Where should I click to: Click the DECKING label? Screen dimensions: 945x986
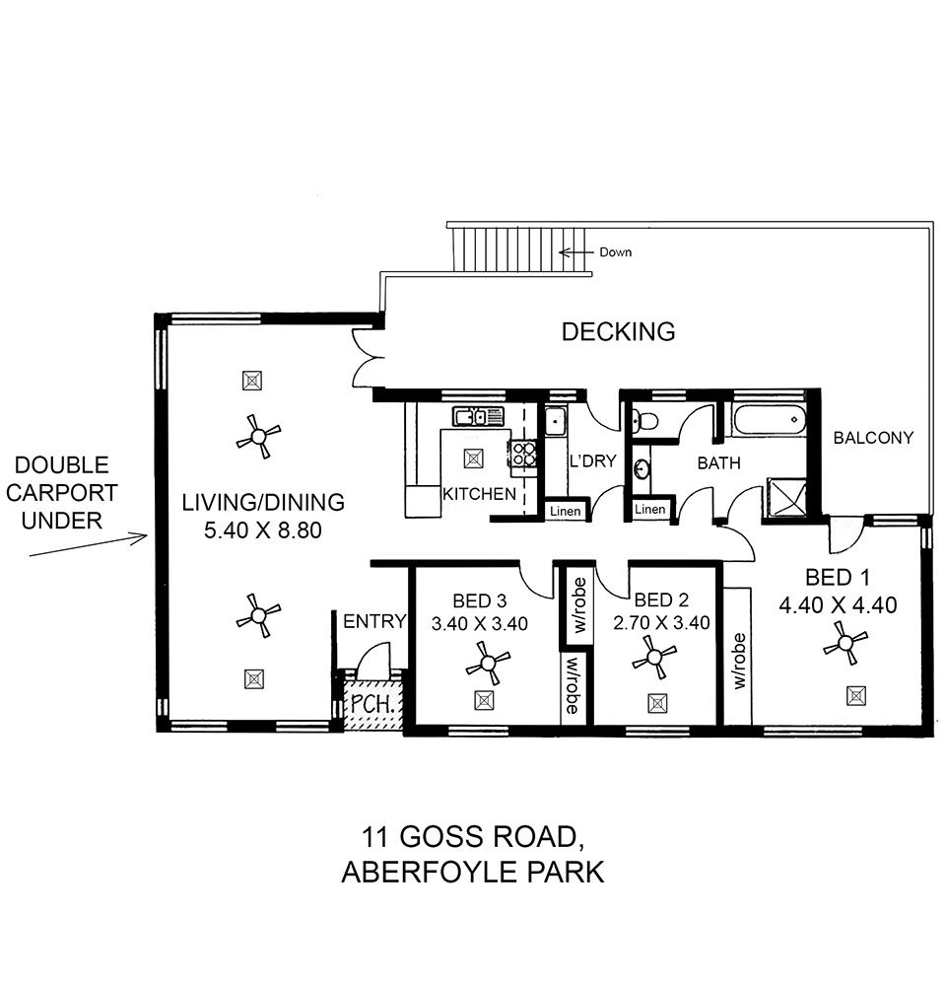618,331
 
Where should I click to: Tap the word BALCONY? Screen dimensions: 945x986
873,438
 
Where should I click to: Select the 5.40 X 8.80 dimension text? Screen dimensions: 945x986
263,530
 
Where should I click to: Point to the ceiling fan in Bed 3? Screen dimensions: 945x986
488,664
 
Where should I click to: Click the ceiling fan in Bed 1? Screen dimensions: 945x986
845,643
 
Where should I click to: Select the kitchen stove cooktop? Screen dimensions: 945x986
522,453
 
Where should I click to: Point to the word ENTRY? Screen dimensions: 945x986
374,621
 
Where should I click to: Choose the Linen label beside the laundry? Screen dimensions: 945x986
565,511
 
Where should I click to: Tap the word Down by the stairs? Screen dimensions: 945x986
615,252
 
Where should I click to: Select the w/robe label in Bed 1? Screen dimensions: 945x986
739,661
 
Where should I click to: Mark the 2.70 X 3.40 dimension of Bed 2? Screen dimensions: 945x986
661,622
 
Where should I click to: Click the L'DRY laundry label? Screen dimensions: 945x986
592,460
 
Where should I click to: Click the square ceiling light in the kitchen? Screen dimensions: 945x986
474,458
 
